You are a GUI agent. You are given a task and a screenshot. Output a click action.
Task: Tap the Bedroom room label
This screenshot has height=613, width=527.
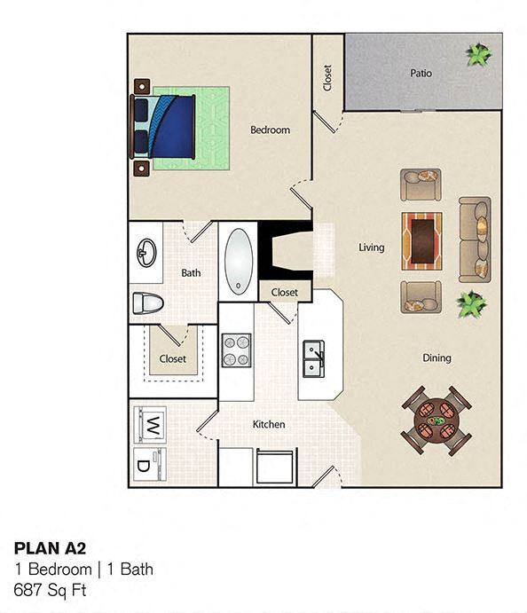(x=270, y=130)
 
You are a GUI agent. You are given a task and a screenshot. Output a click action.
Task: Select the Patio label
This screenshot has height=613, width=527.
(x=421, y=73)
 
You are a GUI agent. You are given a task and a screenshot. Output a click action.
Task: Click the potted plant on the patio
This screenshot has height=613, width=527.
(x=479, y=55)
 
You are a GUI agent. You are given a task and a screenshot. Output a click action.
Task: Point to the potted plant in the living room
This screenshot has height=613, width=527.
(x=470, y=304)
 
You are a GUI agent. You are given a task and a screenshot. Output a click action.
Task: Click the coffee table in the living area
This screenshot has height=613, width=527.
(x=421, y=240)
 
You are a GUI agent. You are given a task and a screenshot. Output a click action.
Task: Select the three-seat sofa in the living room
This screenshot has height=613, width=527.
(x=475, y=238)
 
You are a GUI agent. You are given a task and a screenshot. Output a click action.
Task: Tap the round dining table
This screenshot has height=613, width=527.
(x=436, y=419)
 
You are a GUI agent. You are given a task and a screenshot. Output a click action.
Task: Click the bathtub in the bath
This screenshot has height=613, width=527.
(x=238, y=261)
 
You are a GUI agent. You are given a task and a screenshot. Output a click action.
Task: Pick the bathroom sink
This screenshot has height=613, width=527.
(x=146, y=254)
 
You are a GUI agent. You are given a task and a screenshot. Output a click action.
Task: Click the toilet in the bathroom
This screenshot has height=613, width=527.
(x=147, y=303)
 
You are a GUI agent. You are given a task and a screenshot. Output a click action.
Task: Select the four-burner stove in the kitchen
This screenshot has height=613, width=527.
(x=236, y=350)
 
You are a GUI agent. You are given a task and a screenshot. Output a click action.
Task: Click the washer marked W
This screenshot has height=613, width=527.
(x=151, y=424)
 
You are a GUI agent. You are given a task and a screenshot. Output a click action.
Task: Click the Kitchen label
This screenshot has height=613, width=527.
(x=269, y=424)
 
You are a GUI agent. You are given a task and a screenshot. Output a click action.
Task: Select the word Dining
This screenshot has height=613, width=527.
(x=437, y=358)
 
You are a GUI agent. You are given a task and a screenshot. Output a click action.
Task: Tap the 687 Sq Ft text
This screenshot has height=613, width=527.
(x=51, y=588)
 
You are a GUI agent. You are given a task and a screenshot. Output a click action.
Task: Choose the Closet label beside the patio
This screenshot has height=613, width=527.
(x=327, y=78)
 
